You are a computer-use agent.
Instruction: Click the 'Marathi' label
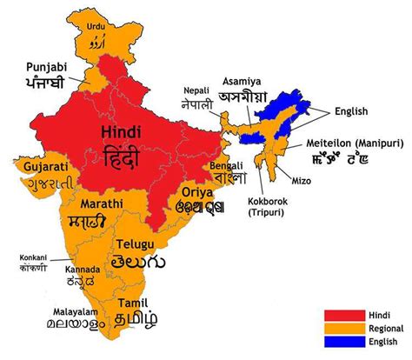click(101, 203)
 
